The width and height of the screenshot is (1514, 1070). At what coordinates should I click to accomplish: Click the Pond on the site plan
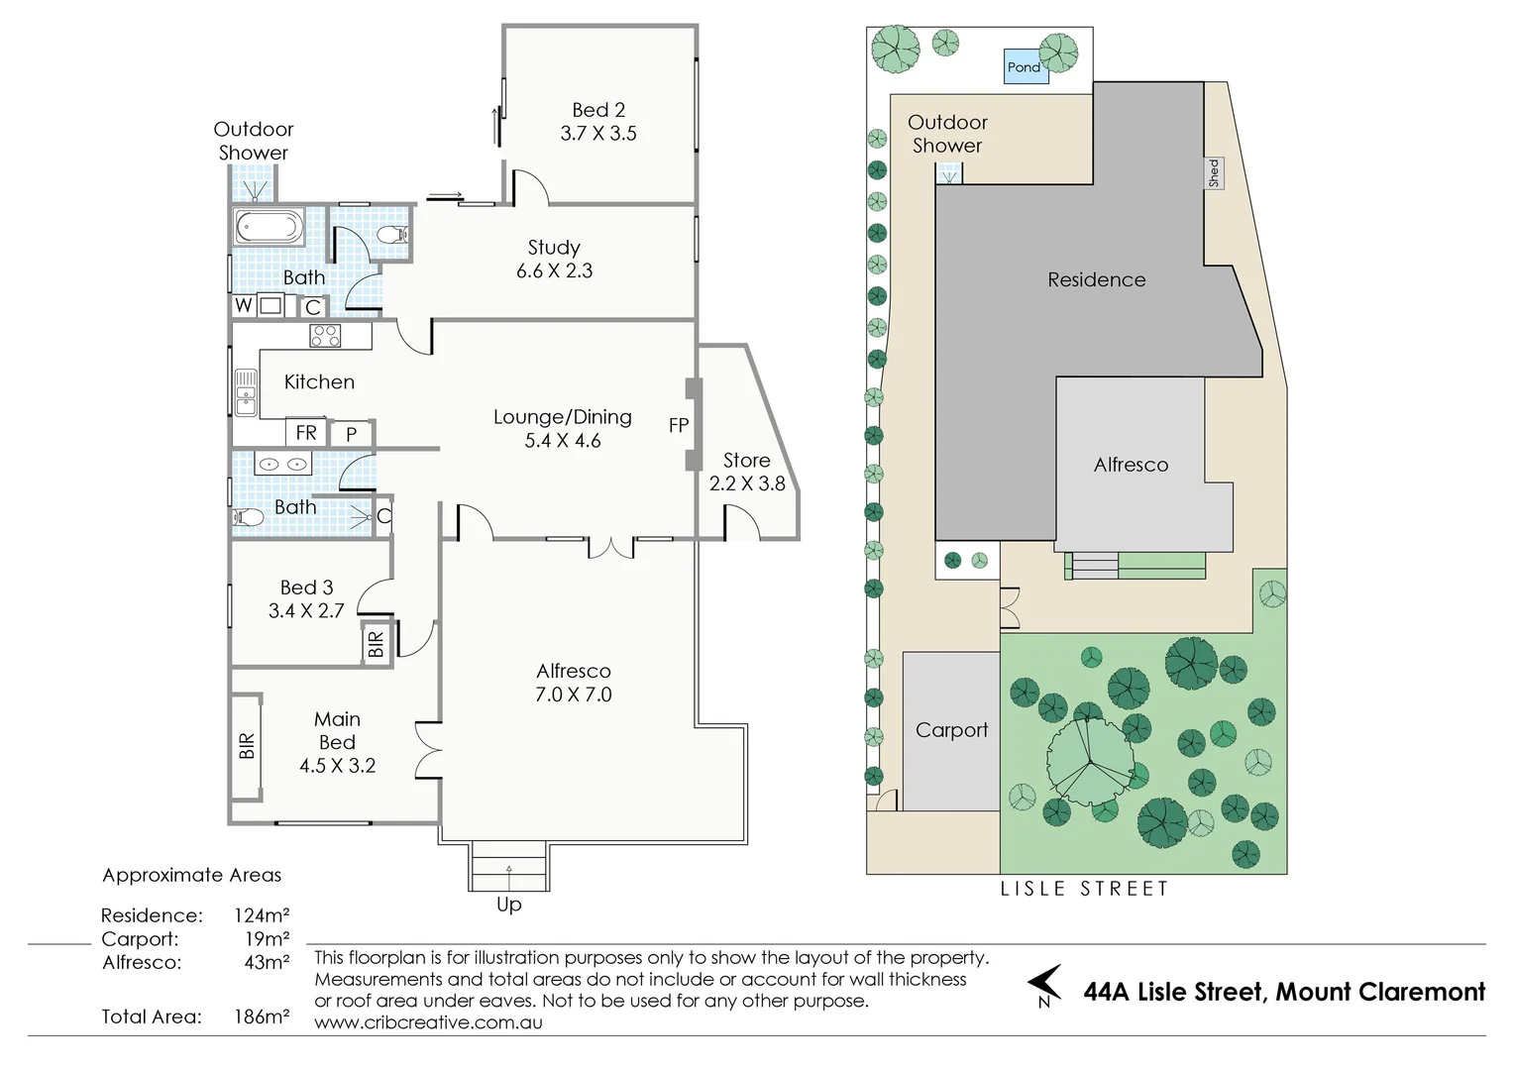(1026, 66)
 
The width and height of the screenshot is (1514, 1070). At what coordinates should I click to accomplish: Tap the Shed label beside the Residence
(1214, 173)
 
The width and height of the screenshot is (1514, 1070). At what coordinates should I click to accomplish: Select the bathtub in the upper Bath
(269, 227)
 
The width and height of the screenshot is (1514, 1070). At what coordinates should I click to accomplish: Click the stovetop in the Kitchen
(325, 336)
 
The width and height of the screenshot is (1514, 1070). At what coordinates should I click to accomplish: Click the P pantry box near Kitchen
(352, 433)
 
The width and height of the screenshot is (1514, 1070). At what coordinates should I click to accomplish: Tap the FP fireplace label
(679, 425)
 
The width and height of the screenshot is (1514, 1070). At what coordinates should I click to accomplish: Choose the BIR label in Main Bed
(247, 746)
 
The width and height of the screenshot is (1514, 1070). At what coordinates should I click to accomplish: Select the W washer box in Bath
(244, 305)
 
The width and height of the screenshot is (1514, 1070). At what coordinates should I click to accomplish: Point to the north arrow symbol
(1045, 984)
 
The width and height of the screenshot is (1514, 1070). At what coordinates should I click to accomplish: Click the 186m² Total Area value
(262, 1016)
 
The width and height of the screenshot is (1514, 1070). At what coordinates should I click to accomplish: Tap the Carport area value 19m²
(267, 939)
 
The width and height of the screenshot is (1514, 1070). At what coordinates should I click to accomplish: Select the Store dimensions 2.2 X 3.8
(747, 483)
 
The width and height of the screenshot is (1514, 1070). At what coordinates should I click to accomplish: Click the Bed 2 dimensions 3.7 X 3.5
(598, 133)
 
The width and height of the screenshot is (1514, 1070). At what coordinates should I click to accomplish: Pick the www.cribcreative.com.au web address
(428, 1022)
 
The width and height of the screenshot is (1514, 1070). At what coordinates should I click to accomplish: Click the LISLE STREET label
(1084, 888)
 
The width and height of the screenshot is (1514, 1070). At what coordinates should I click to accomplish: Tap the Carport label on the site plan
(951, 731)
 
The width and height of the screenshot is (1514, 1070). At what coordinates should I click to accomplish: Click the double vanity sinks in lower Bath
(282, 464)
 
